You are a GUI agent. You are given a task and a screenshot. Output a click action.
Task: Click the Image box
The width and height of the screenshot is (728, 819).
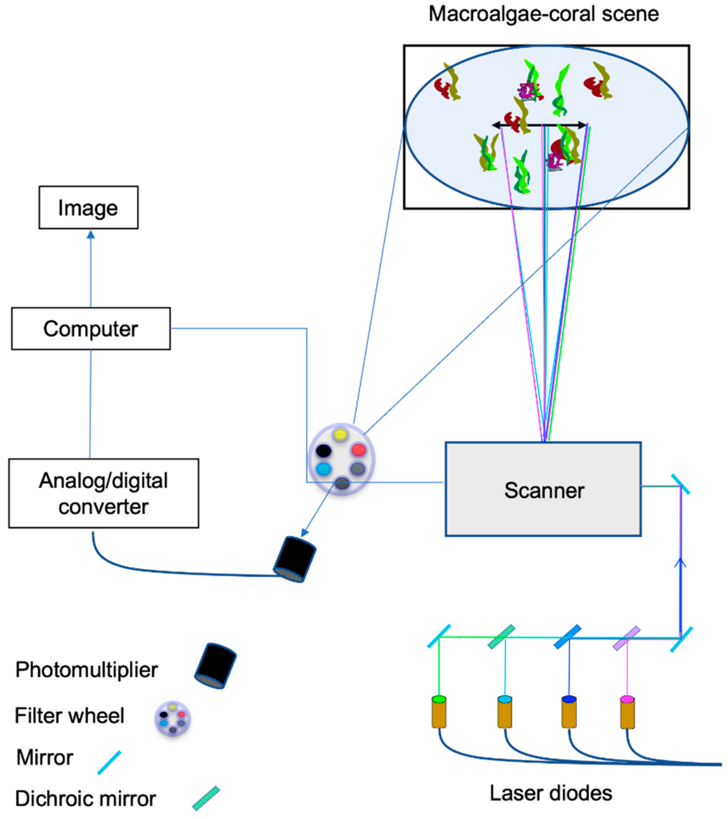[x=88, y=207]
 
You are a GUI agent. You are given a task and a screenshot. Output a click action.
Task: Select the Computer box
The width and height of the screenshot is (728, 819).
[x=91, y=328]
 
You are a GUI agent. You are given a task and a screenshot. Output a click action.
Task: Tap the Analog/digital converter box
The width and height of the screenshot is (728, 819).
[x=103, y=493]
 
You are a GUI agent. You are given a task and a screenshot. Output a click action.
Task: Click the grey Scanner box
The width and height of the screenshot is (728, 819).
[x=543, y=489]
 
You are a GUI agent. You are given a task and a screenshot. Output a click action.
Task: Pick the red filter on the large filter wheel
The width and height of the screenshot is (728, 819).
[x=358, y=450]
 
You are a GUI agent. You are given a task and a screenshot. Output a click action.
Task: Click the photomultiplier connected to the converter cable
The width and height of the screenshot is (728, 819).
[x=295, y=559]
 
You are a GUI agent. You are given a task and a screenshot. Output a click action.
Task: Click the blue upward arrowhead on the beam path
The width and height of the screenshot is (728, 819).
[x=680, y=562]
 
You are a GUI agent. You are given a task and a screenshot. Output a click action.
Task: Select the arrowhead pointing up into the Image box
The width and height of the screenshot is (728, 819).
[x=91, y=235]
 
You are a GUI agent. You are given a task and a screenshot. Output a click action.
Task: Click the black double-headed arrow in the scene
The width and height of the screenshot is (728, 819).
[x=539, y=125]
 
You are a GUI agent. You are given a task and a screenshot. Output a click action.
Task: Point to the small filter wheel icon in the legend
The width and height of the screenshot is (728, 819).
[x=173, y=719]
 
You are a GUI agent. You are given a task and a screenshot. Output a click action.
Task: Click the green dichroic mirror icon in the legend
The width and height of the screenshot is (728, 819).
[x=206, y=798]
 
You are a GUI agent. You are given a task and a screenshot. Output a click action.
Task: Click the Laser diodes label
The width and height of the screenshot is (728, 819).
[x=551, y=793]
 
